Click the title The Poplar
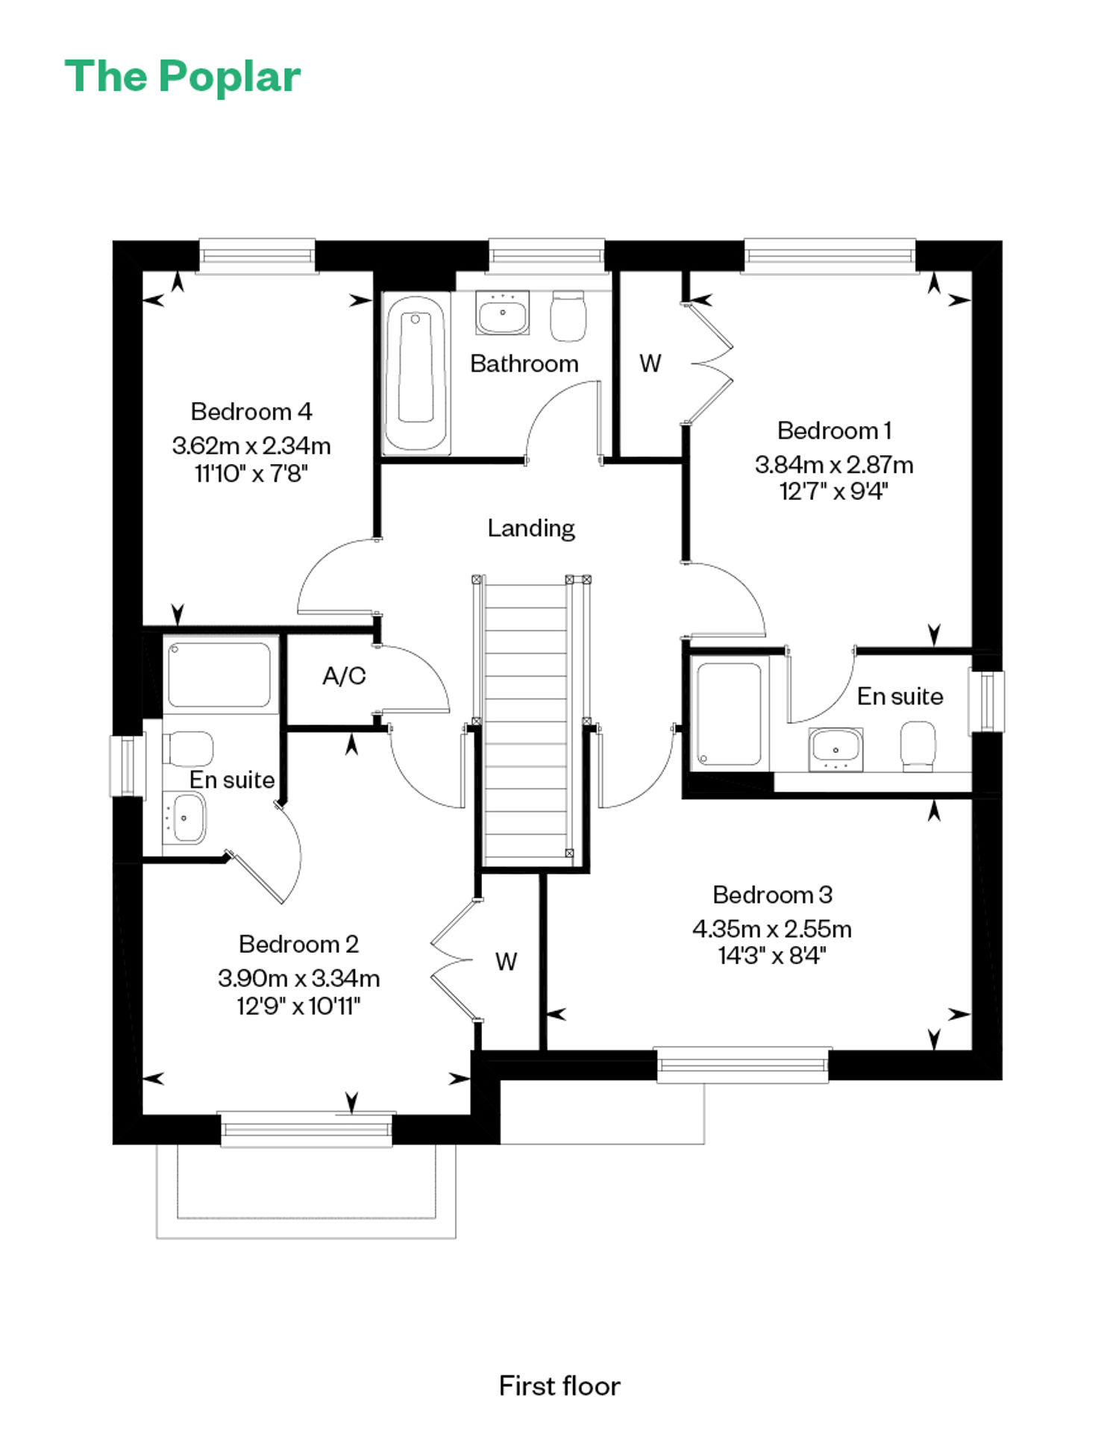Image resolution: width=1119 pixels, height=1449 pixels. pos(183,77)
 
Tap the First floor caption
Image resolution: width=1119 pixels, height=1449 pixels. pos(559,1386)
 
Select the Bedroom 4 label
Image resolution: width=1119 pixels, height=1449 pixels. pos(251,411)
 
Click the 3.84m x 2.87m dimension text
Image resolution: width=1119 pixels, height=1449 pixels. pos(834,464)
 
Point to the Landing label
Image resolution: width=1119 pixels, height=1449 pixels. pos(531,528)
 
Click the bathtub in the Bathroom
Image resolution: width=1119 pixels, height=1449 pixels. pos(416,374)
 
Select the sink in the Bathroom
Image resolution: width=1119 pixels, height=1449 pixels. pos(502,313)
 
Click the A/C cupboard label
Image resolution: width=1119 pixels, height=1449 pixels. pos(344,676)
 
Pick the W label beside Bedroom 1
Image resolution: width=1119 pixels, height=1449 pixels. pos(650,363)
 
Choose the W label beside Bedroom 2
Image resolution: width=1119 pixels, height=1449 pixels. pos(506,962)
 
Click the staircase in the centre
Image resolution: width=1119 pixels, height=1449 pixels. pos(527,721)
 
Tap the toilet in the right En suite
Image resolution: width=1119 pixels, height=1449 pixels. pos(918,745)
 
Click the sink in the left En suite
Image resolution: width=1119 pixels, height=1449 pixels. pos(185,818)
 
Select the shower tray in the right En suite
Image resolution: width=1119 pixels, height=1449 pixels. pos(729,714)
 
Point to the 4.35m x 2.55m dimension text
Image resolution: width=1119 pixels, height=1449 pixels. pos(772,929)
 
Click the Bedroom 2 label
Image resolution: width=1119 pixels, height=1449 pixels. pos(298,944)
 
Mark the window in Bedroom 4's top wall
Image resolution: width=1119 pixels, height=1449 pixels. pos(257,256)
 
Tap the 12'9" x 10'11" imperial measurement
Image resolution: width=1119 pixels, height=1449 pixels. pos(298,1007)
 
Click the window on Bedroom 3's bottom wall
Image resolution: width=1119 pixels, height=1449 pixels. pos(743,1065)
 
